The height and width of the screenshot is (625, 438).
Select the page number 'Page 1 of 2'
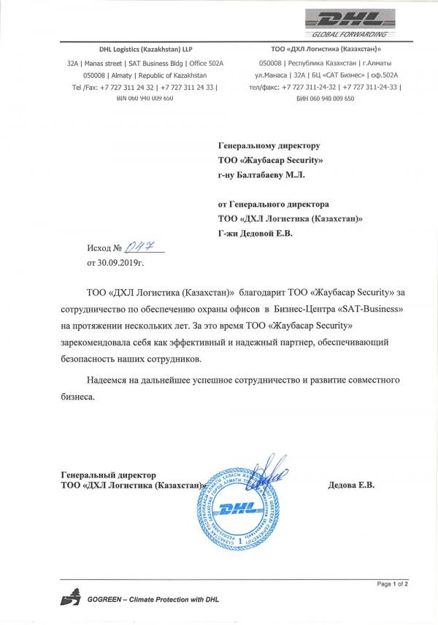coord(392,583)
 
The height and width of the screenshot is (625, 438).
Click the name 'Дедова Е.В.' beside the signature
coord(350,485)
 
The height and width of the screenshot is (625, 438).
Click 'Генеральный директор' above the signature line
coord(108,475)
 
